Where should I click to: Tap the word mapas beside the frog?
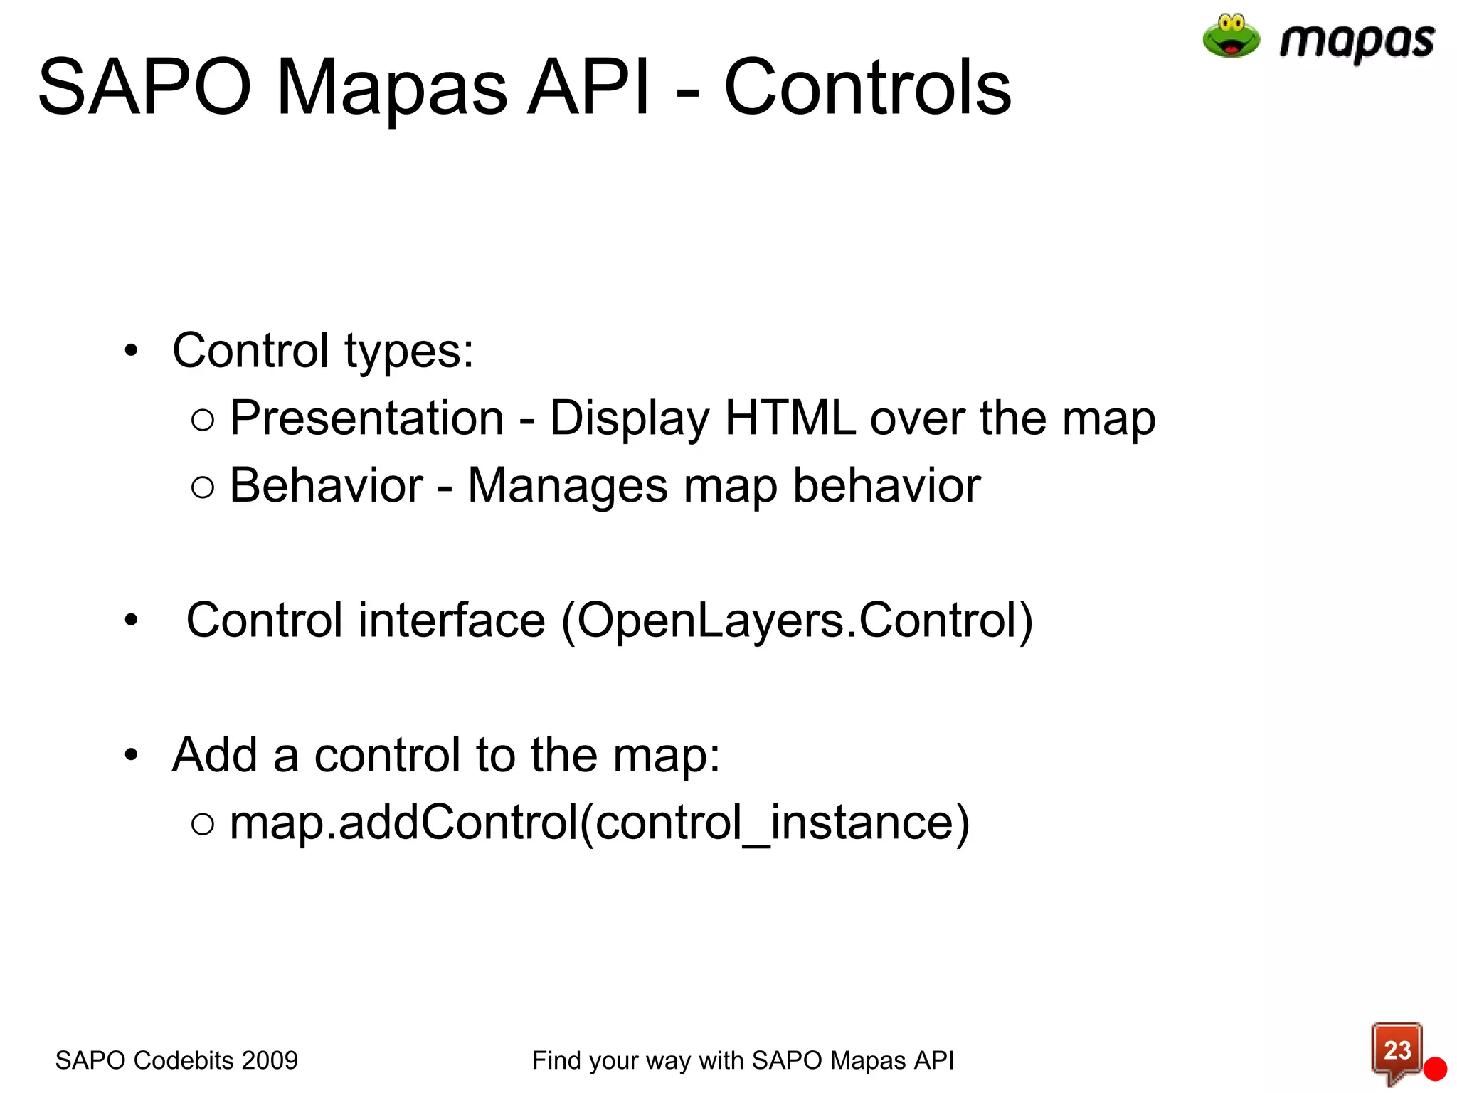click(1357, 41)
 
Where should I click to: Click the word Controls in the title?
click(867, 88)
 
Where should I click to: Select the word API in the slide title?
click(588, 88)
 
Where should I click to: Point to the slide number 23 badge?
click(1397, 1050)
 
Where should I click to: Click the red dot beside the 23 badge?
click(1435, 1069)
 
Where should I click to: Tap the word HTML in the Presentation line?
click(790, 418)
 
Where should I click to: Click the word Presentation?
click(366, 418)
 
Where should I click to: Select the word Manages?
click(568, 486)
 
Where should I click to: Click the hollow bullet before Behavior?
click(203, 487)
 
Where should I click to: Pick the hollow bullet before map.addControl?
click(203, 824)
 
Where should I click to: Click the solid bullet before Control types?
click(131, 351)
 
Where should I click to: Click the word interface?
click(451, 620)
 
